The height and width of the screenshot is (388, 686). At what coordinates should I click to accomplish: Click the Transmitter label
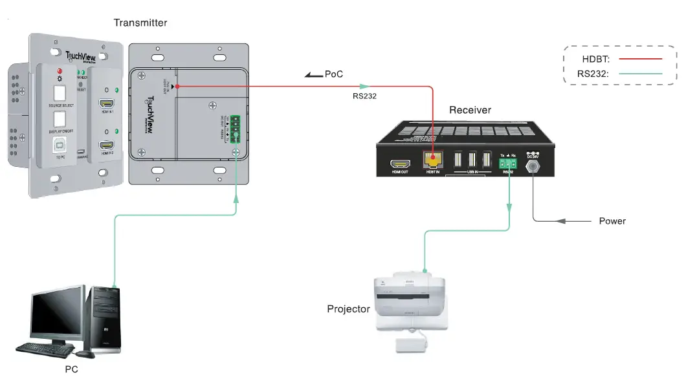(140, 23)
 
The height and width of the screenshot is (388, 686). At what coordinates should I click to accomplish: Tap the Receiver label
(470, 110)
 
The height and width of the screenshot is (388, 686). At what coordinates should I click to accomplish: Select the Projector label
(348, 309)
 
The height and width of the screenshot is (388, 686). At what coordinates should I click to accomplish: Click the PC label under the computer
(72, 370)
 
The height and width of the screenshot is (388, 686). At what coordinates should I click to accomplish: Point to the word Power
(612, 221)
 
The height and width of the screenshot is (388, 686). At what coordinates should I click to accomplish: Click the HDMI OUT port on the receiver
(399, 164)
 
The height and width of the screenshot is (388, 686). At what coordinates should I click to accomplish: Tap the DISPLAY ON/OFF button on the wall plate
(60, 118)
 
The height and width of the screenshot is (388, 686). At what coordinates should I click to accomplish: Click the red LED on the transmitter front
(60, 72)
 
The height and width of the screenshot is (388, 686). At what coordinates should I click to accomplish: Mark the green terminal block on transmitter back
(236, 128)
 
